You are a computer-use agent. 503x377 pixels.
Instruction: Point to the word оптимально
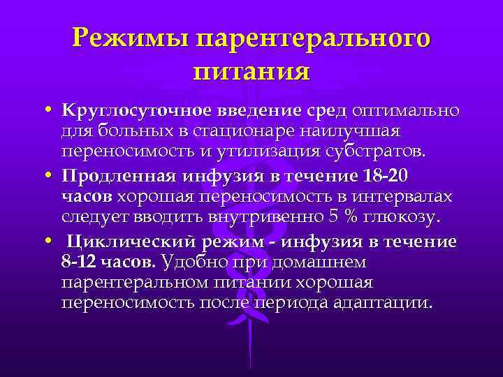[x=408, y=111]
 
